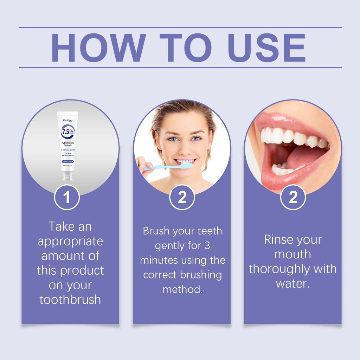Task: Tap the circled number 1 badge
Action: click(x=67, y=197)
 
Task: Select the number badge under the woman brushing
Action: click(x=182, y=197)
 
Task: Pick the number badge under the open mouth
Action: click(x=293, y=197)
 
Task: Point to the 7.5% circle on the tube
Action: click(x=67, y=133)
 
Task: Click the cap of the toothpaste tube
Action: click(x=67, y=175)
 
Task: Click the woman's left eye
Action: click(x=196, y=139)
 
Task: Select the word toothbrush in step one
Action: click(x=70, y=300)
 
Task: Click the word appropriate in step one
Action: click(x=70, y=241)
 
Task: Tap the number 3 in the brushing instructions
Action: click(x=207, y=246)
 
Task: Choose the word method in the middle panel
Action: click(x=182, y=290)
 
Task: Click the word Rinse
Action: click(x=278, y=240)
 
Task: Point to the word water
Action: click(x=292, y=283)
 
